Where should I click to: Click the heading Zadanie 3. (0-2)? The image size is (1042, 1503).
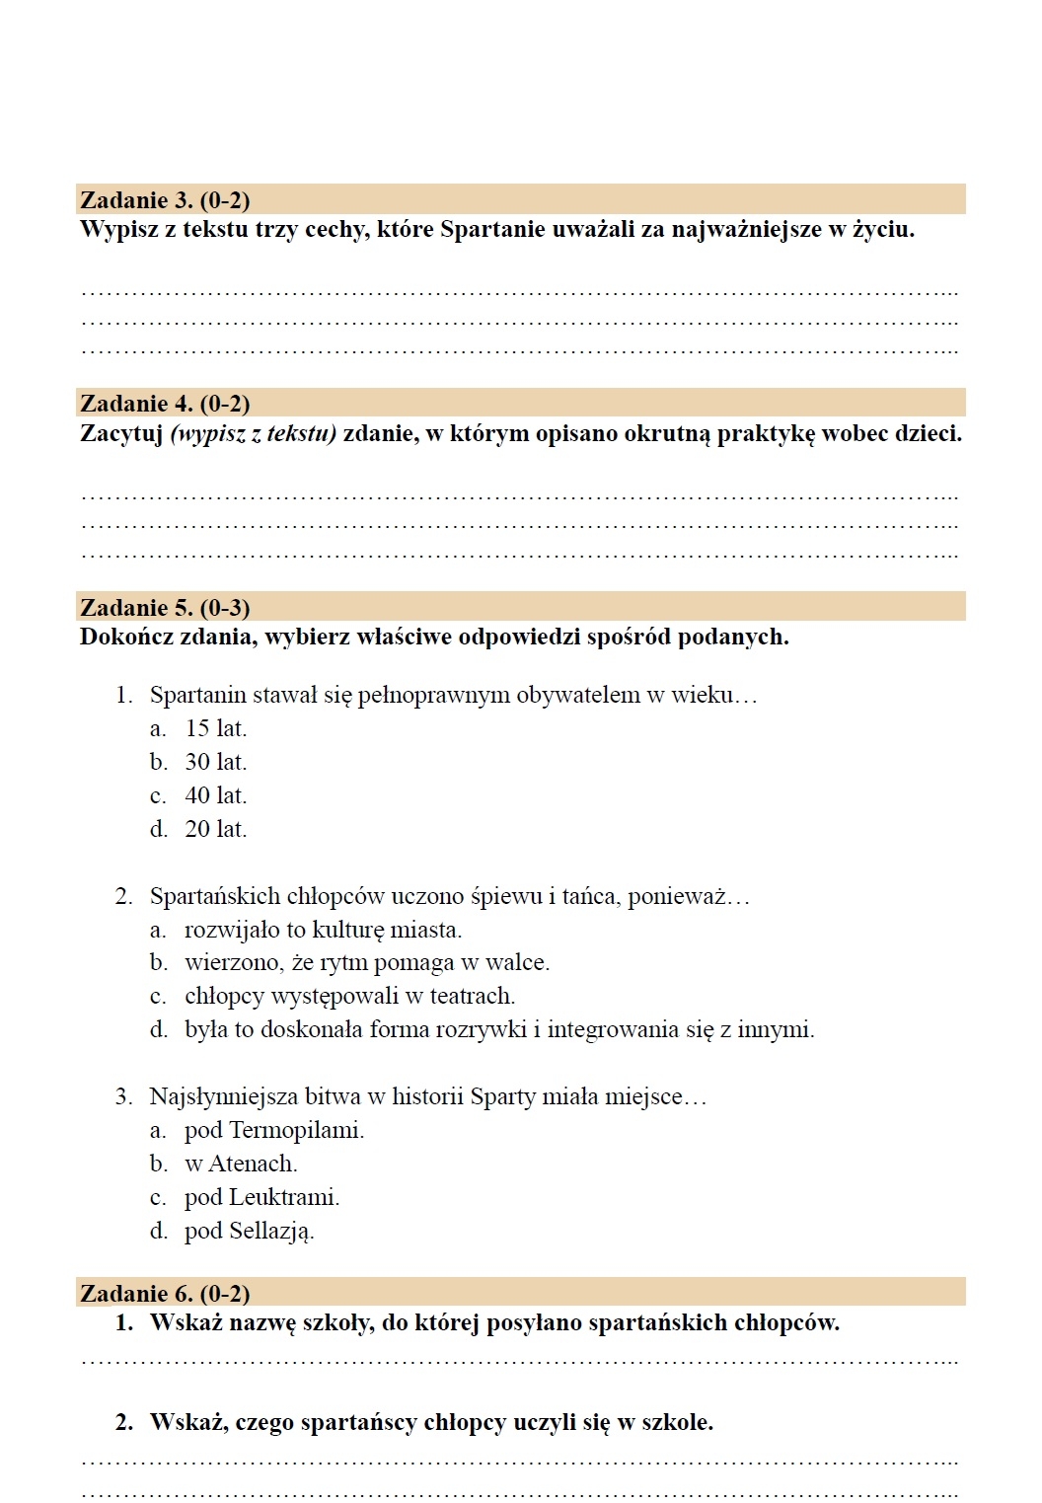pyautogui.click(x=165, y=200)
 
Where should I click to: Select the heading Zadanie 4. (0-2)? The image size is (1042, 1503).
pyautogui.click(x=165, y=404)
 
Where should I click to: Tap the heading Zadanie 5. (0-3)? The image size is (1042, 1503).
pyautogui.click(x=165, y=608)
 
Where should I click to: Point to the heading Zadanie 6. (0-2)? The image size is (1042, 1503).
pyautogui.click(x=165, y=1294)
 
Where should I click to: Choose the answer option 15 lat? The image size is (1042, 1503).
pyautogui.click(x=215, y=729)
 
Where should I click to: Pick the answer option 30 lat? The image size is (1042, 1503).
pyautogui.click(x=215, y=763)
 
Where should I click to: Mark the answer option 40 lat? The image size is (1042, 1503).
pyautogui.click(x=215, y=796)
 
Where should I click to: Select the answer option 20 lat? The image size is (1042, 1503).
pyautogui.click(x=215, y=830)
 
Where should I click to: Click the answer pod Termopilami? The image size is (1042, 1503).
pyautogui.click(x=273, y=1131)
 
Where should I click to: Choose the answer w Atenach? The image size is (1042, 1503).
pyautogui.click(x=241, y=1165)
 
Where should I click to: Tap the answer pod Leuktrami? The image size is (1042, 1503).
pyautogui.click(x=261, y=1198)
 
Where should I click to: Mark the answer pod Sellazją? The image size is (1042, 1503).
pyautogui.click(x=249, y=1232)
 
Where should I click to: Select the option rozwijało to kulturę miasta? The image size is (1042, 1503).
pyautogui.click(x=323, y=931)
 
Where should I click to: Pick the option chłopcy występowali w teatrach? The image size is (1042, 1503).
pyautogui.click(x=349, y=997)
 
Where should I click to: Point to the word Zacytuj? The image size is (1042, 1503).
pyautogui.click(x=121, y=434)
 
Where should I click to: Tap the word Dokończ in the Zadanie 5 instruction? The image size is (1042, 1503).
pyautogui.click(x=121, y=638)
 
